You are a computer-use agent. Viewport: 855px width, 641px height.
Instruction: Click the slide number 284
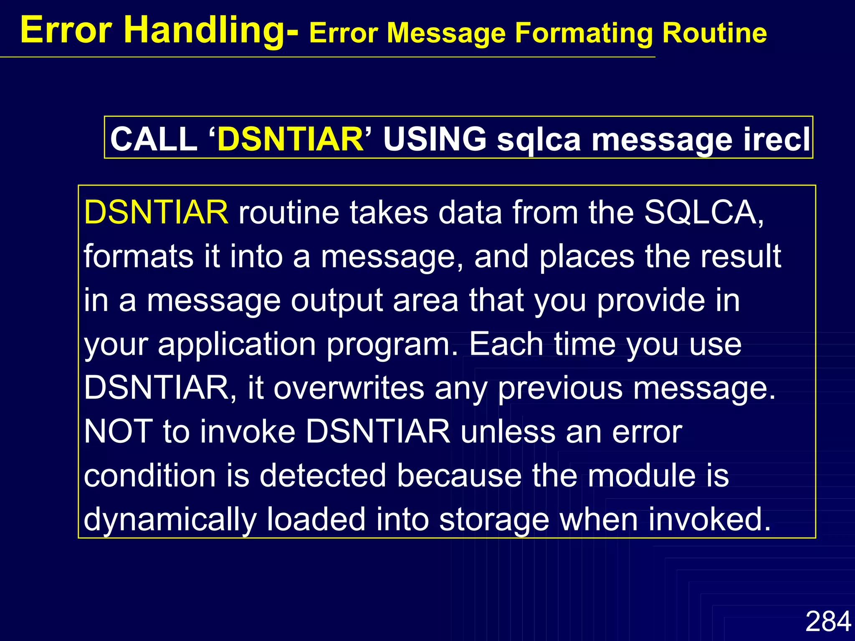[x=828, y=621]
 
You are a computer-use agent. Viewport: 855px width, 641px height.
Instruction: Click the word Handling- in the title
[x=211, y=30]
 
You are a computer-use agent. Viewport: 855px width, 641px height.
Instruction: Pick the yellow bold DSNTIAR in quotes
[x=291, y=139]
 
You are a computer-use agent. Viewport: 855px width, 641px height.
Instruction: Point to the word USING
[x=435, y=139]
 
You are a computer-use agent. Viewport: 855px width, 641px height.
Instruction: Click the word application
[x=237, y=345]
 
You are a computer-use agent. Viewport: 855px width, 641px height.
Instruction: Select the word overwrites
[x=349, y=388]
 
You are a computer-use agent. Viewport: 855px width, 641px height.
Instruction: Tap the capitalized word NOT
[x=119, y=432]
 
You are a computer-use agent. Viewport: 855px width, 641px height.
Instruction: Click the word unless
[x=508, y=432]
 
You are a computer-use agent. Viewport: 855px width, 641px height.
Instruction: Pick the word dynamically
[x=170, y=520]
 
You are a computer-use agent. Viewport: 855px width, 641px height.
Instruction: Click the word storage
[x=494, y=520]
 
